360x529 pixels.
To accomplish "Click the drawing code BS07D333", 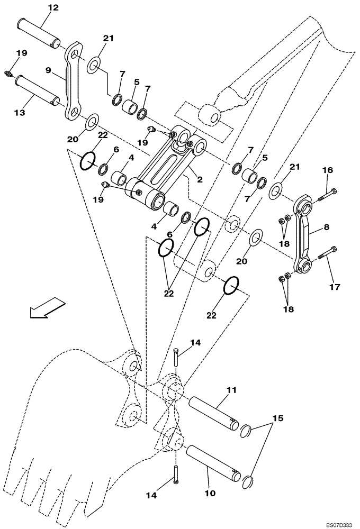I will (x=337, y=523).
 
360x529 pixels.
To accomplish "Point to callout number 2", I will (x=200, y=179).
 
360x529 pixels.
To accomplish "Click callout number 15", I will (x=275, y=418).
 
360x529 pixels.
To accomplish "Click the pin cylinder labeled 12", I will (x=39, y=33).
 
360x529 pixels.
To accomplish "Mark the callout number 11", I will (x=231, y=390).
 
